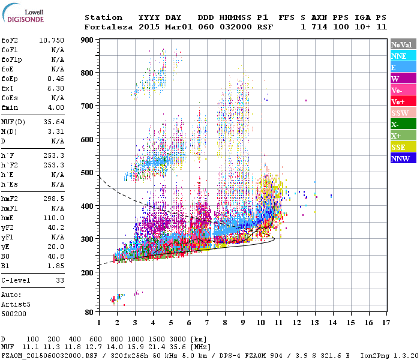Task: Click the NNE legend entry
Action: (403, 56)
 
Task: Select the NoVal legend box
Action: (403, 44)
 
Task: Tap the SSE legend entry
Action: (403, 148)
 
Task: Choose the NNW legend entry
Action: (403, 159)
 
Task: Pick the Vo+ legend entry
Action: (403, 102)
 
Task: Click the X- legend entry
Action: (403, 125)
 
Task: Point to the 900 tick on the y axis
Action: (88, 40)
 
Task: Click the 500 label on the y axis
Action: (88, 172)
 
